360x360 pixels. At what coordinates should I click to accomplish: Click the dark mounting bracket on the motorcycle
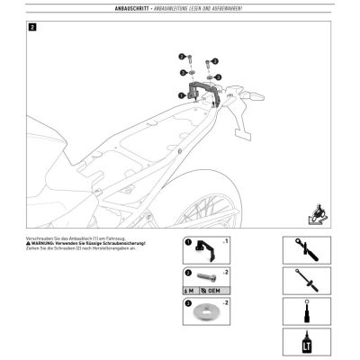tap(206, 91)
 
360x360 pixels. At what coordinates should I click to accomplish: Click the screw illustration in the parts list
tap(206, 274)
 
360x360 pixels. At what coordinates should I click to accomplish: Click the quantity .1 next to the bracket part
tap(227, 241)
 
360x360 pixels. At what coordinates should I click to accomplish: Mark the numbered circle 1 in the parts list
tap(188, 241)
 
